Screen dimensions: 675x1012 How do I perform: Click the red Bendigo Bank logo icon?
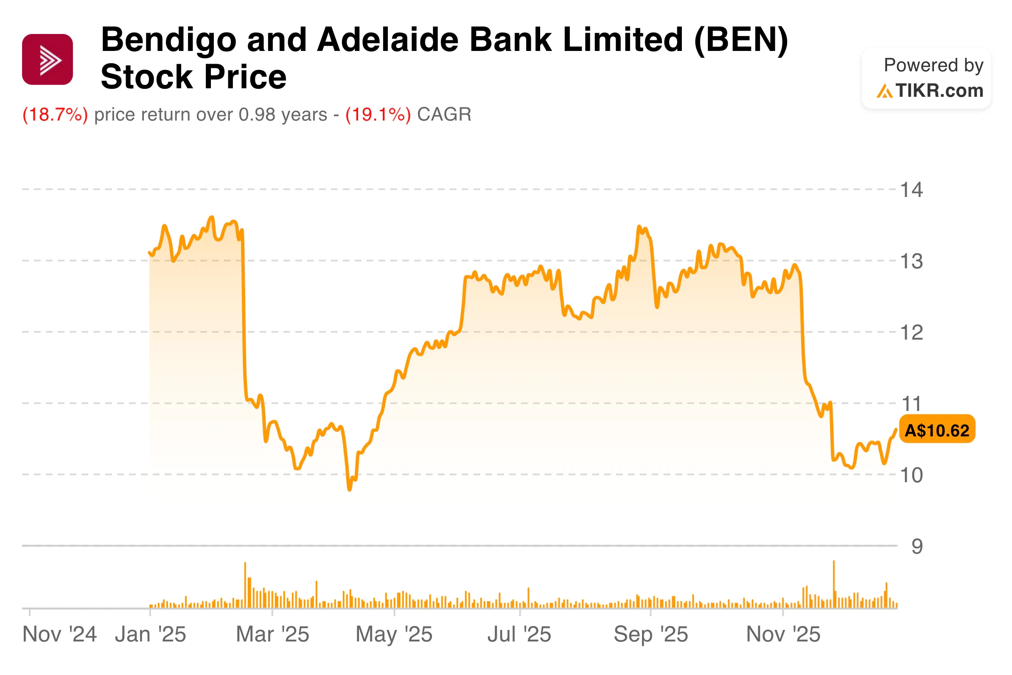point(48,59)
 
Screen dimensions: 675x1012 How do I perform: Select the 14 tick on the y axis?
point(911,190)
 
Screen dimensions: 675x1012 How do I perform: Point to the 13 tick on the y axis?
point(911,262)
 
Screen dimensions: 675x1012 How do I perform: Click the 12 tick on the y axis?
point(911,333)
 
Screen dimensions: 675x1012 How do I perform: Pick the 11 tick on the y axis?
point(911,404)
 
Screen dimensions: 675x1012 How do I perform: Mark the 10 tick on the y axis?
point(911,475)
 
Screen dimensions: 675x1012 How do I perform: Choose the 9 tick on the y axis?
point(917,546)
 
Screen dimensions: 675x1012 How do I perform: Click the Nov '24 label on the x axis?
point(59,634)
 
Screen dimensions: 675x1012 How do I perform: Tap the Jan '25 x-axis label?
point(150,634)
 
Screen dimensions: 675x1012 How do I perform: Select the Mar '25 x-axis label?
point(272,634)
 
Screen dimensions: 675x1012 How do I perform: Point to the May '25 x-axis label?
point(394,634)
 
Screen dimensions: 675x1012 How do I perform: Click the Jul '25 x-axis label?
point(519,634)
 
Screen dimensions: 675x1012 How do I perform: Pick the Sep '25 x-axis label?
point(650,634)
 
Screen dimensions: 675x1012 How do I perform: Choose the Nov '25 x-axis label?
point(783,634)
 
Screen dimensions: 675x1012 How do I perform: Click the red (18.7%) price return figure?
point(55,115)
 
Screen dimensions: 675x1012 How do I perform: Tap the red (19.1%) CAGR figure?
point(378,115)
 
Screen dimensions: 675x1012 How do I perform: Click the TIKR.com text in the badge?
point(939,91)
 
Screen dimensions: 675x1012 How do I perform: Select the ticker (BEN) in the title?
point(741,39)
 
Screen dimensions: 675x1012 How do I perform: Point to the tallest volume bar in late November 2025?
point(834,585)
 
